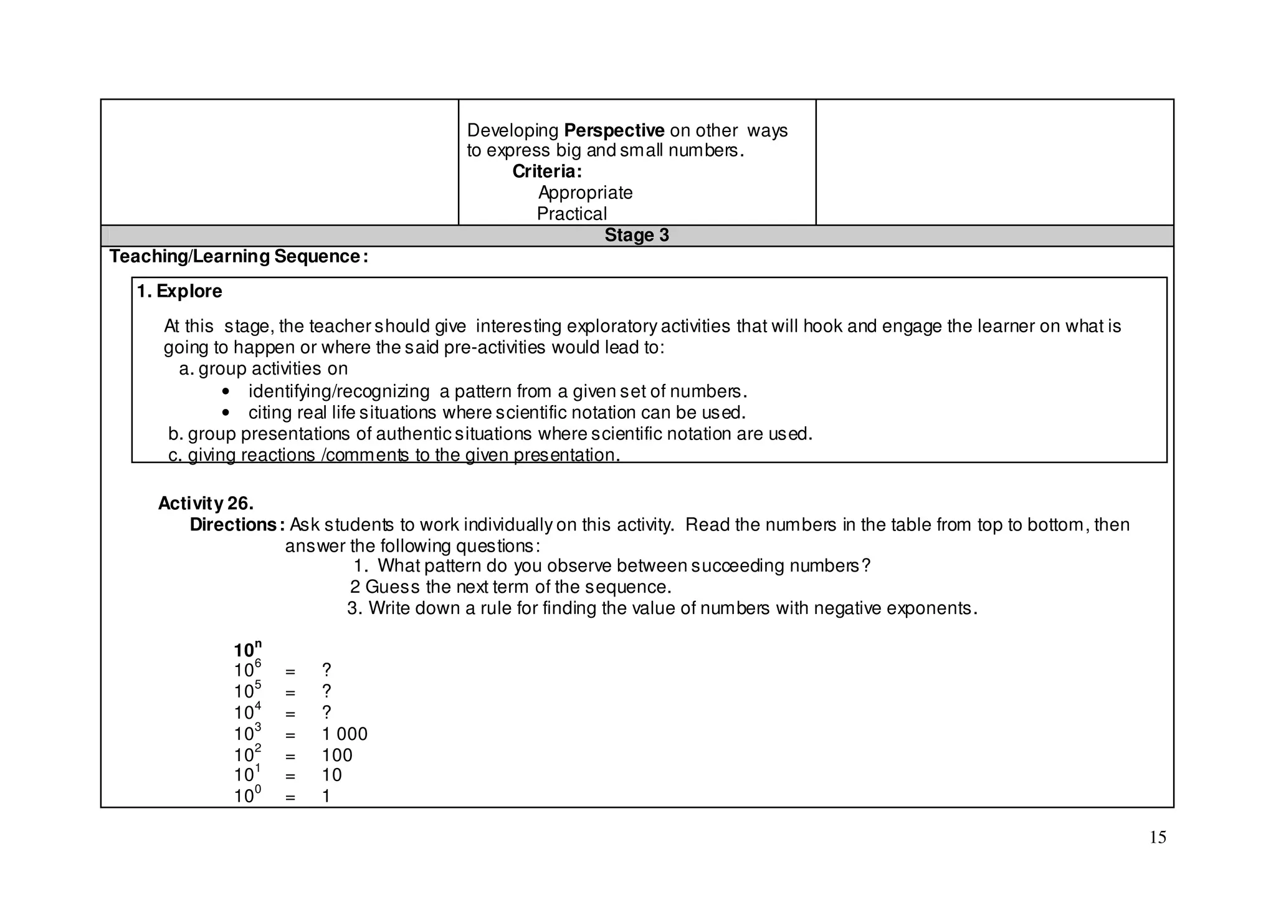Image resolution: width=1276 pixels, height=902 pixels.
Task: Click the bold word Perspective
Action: (614, 131)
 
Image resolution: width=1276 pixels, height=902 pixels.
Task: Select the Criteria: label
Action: (546, 171)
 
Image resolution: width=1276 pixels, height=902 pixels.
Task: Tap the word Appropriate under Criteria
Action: (585, 193)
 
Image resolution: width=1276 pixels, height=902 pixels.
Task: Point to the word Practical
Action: (571, 214)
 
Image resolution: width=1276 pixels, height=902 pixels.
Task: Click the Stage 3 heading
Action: (636, 235)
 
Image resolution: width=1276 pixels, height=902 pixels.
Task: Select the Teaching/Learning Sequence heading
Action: (239, 256)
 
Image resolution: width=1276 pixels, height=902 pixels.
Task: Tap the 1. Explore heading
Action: (179, 291)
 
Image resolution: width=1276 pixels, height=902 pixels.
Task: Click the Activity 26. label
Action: (206, 503)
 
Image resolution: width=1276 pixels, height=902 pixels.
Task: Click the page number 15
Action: (1157, 837)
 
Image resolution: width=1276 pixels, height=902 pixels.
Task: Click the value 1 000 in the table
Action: (345, 734)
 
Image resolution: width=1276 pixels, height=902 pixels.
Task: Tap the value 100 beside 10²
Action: (337, 756)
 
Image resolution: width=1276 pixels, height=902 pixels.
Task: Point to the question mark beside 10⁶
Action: (326, 671)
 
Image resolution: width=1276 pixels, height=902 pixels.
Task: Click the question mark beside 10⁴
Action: (326, 713)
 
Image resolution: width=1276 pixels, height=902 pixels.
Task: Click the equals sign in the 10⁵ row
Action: (290, 693)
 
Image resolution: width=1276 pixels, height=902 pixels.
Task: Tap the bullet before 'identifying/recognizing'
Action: (226, 392)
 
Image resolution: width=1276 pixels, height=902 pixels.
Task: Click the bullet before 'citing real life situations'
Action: (226, 413)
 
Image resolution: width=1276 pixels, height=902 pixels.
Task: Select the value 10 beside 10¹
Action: (332, 775)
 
